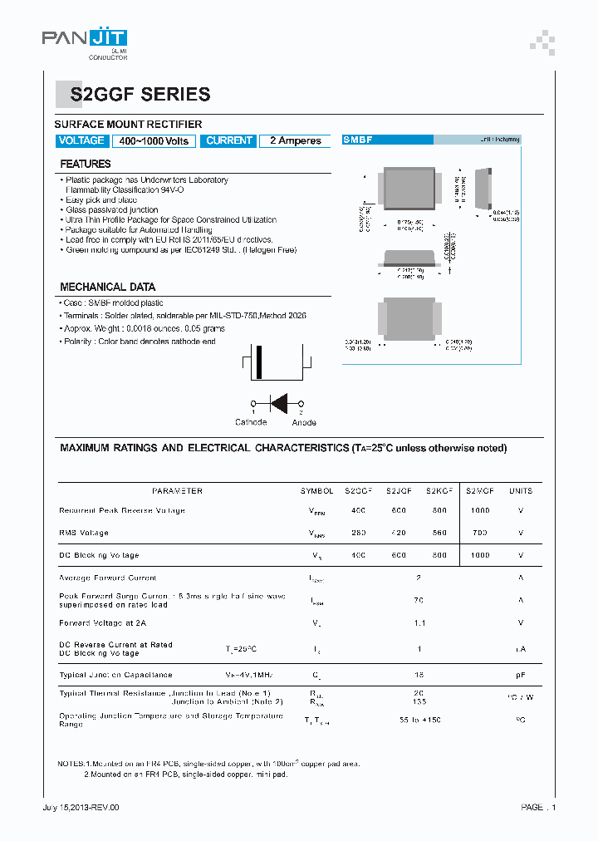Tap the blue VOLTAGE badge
click(81, 140)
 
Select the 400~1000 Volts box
click(154, 141)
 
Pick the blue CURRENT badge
click(228, 140)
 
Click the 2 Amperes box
click(295, 141)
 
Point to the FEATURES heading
click(86, 165)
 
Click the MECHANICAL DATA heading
click(107, 287)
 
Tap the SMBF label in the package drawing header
click(359, 140)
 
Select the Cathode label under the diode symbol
click(251, 422)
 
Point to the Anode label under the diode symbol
click(304, 422)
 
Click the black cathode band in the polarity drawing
click(259, 362)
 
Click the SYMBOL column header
click(316, 491)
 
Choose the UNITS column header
click(521, 491)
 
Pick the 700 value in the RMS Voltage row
click(480, 533)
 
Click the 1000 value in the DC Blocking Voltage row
click(480, 555)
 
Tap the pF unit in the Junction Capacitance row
click(521, 675)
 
